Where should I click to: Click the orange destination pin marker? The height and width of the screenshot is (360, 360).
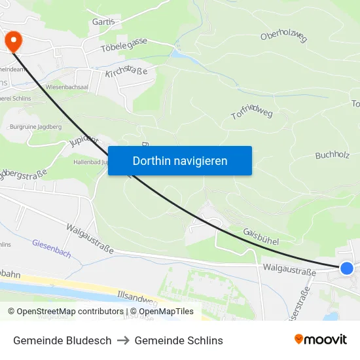tap(13, 42)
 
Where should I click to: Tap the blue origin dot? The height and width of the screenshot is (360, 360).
tap(347, 268)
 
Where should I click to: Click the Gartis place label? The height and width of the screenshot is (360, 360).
tap(103, 21)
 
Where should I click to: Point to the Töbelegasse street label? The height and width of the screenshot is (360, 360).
tap(124, 46)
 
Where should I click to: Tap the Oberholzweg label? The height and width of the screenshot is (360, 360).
tap(283, 37)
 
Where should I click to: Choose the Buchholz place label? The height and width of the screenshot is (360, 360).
tap(333, 155)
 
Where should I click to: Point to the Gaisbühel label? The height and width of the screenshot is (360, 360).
tap(261, 236)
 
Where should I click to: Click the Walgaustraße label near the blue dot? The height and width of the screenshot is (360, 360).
tap(285, 268)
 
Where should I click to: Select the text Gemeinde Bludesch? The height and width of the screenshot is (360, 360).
tap(62, 340)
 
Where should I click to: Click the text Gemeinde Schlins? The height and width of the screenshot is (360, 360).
tap(179, 340)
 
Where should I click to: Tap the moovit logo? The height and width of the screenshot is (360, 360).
tap(321, 339)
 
